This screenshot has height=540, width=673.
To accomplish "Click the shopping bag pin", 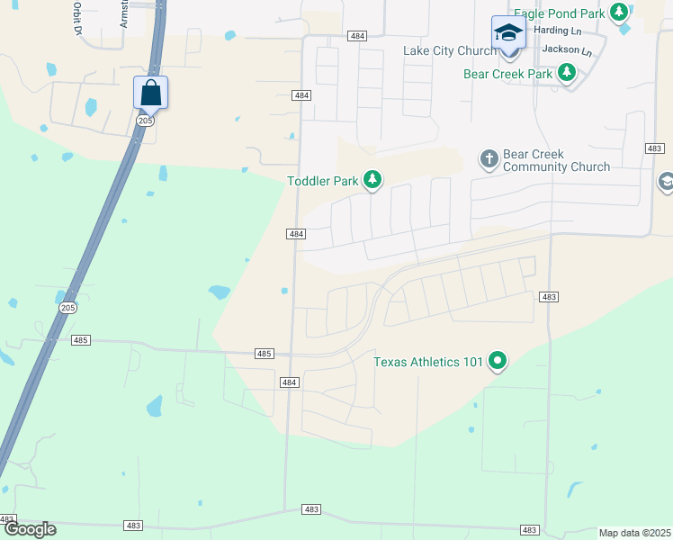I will coord(150,93).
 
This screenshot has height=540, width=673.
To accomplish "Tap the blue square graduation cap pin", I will coord(507,34).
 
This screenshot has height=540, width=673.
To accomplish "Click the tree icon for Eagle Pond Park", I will coord(618,12).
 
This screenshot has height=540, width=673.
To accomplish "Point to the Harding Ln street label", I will coord(558,31).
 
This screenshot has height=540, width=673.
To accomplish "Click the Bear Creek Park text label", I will coord(507,74).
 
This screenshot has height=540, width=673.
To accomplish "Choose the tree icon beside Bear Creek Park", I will coord(566,73).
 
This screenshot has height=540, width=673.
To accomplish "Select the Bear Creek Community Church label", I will coord(557,161).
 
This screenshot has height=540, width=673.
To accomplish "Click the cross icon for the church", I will coord(489,160).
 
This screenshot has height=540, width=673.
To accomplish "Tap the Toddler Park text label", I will coord(322,181).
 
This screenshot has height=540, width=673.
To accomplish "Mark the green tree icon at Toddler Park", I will coord(372,181).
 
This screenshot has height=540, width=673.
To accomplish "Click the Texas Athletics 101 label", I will coord(428,362).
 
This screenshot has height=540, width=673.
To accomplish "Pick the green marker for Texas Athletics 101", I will coord(497,362).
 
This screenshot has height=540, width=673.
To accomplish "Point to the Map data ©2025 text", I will coord(634,533).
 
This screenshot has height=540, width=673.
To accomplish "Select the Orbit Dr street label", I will coord(77,18).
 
